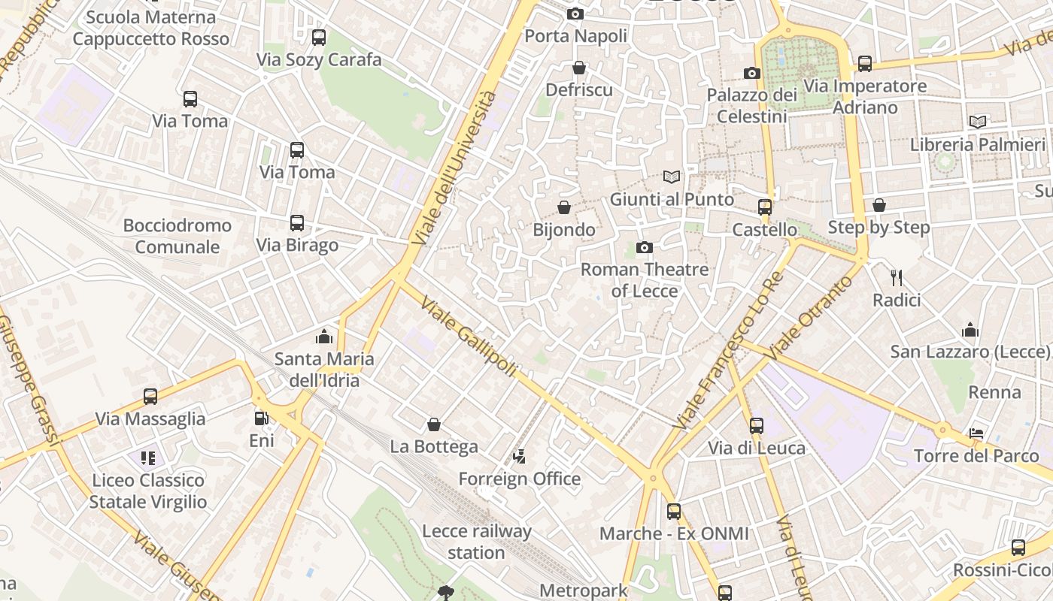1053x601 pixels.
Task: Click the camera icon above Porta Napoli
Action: [575, 14]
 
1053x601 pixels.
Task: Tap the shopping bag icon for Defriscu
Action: [579, 68]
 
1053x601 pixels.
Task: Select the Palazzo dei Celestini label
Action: [751, 106]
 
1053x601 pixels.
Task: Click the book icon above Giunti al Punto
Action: [672, 177]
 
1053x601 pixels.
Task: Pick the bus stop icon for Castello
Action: [765, 207]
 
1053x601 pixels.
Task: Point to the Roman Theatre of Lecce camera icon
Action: [645, 247]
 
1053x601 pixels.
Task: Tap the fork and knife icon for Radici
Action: [896, 278]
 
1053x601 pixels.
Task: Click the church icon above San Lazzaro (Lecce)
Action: [970, 330]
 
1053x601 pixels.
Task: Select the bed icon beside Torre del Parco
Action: [976, 433]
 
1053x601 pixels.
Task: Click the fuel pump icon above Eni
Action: [261, 418]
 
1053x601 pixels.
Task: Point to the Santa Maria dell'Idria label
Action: [324, 370]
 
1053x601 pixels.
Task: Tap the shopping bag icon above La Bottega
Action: [434, 425]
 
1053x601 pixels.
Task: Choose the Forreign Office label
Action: [520, 479]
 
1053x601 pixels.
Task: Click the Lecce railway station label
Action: [477, 542]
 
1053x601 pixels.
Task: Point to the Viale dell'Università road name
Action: [455, 167]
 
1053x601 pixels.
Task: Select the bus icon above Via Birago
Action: [297, 223]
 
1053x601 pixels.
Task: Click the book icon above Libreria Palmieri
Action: [978, 122]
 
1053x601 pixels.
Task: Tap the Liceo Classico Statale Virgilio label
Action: [148, 491]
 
